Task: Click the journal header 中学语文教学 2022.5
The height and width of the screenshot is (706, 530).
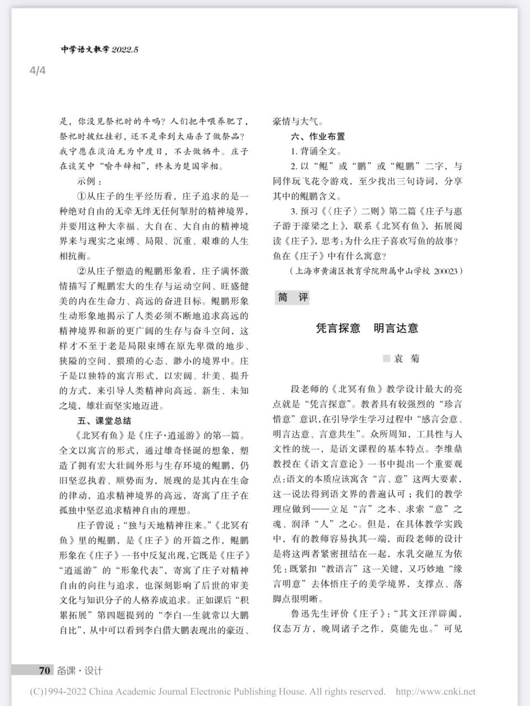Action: click(99, 50)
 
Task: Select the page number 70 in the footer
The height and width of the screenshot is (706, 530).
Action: click(44, 671)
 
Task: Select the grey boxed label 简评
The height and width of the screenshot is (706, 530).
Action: click(293, 297)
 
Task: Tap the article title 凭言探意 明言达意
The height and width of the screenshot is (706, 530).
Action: click(367, 328)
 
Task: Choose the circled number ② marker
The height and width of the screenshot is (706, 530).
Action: click(82, 271)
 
